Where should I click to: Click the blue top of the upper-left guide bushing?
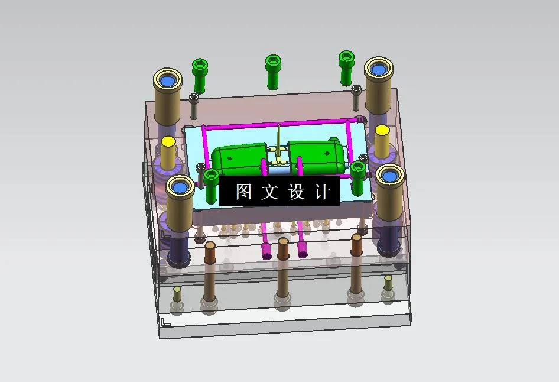coord(168,79)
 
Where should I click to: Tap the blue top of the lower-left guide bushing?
coord(180,187)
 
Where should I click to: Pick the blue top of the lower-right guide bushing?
coord(390,175)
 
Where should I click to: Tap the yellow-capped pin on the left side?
coord(168,142)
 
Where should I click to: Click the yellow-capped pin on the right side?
coord(382,130)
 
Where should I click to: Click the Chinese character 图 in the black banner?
coord(243,192)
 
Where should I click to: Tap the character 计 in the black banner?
coord(323,192)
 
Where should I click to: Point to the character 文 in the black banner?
coord(270,192)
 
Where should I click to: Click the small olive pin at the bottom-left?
coord(177,290)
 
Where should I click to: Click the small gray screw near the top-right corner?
coord(356,89)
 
